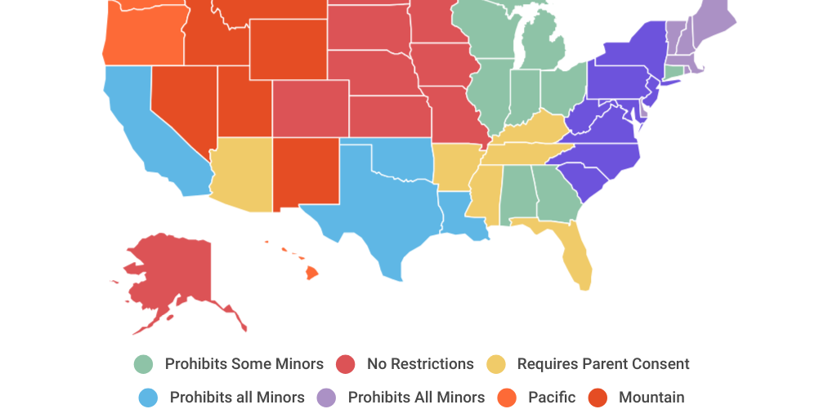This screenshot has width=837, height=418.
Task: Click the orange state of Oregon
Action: click(139, 37)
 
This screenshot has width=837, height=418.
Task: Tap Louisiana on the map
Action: click(458, 214)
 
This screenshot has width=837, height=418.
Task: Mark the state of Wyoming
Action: click(287, 49)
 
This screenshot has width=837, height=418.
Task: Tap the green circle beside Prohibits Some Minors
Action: click(144, 364)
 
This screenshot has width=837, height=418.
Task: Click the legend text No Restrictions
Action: click(420, 364)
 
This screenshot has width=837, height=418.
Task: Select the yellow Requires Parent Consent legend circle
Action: click(496, 364)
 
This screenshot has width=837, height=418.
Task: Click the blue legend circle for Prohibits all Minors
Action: click(148, 398)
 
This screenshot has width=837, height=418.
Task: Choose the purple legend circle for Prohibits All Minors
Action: click(327, 398)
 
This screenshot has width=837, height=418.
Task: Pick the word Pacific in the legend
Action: click(552, 398)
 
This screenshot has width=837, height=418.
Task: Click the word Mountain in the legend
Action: click(651, 398)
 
